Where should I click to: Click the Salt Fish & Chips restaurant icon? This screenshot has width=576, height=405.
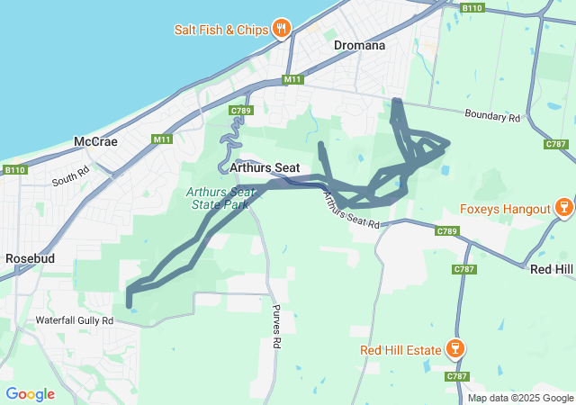282,29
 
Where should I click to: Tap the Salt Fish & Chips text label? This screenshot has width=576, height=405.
221,30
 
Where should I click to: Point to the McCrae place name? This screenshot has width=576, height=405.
95,142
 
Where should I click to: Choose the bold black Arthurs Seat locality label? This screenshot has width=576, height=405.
264,167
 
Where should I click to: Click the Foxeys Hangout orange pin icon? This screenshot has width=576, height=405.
563,208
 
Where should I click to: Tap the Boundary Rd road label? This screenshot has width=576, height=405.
493,117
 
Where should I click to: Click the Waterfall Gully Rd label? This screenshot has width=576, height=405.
75,319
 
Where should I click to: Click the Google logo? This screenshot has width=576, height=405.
30,394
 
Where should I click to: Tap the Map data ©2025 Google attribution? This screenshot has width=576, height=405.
520,398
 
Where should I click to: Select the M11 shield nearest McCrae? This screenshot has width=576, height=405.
162,139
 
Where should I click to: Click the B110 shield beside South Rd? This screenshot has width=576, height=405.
15,169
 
